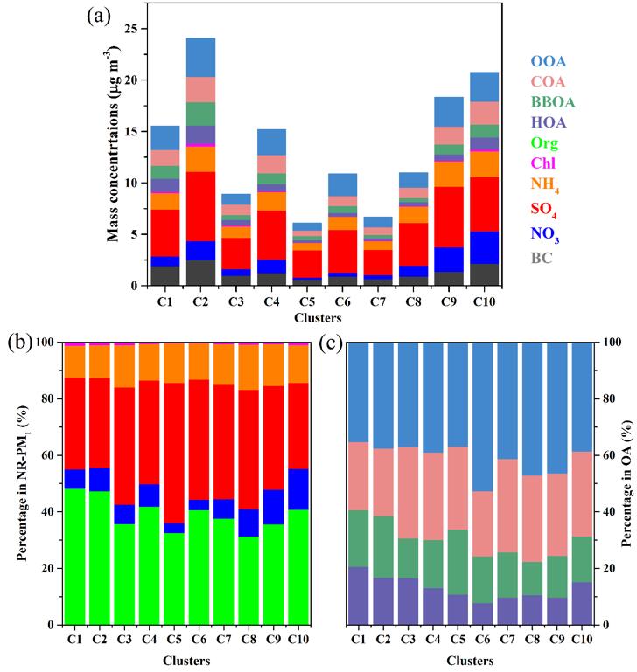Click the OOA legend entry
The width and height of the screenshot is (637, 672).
549,61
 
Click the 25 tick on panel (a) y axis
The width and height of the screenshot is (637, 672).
130,29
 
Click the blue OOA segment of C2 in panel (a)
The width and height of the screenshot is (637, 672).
200,57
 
